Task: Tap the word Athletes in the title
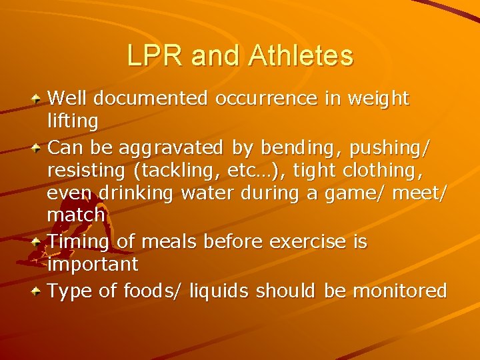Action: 301,56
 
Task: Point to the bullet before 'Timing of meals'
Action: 40,239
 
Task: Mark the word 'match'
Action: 76,215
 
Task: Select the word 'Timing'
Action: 80,241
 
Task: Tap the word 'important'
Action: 93,265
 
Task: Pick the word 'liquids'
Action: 221,291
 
